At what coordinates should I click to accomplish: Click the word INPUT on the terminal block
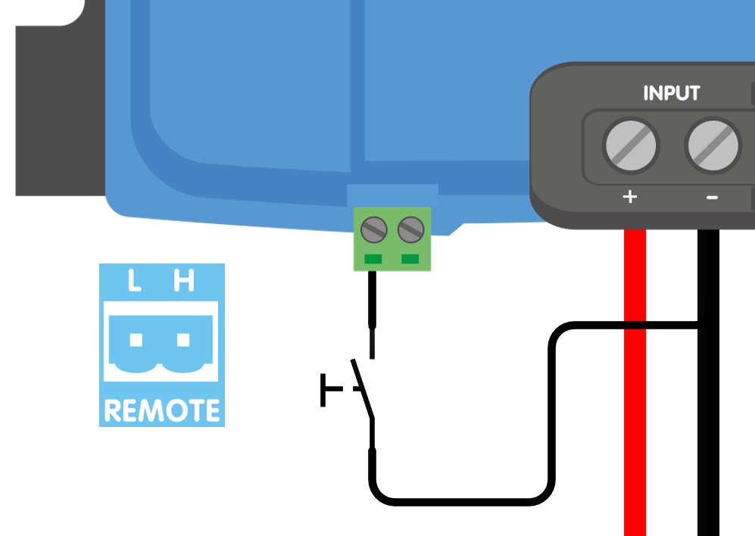point(671,93)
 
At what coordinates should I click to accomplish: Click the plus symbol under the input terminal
point(629,198)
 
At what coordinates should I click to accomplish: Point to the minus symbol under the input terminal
point(712,198)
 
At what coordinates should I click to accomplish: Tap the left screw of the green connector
point(374,229)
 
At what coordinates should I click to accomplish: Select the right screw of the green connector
point(410,229)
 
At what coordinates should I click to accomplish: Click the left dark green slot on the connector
point(373,260)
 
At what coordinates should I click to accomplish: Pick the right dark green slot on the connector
point(410,260)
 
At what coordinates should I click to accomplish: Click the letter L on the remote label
point(135,282)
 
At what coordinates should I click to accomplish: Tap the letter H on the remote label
point(183,282)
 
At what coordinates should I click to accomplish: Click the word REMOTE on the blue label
point(162,411)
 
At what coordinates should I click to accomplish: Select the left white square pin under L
point(136,340)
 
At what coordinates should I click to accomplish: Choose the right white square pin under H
point(183,340)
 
